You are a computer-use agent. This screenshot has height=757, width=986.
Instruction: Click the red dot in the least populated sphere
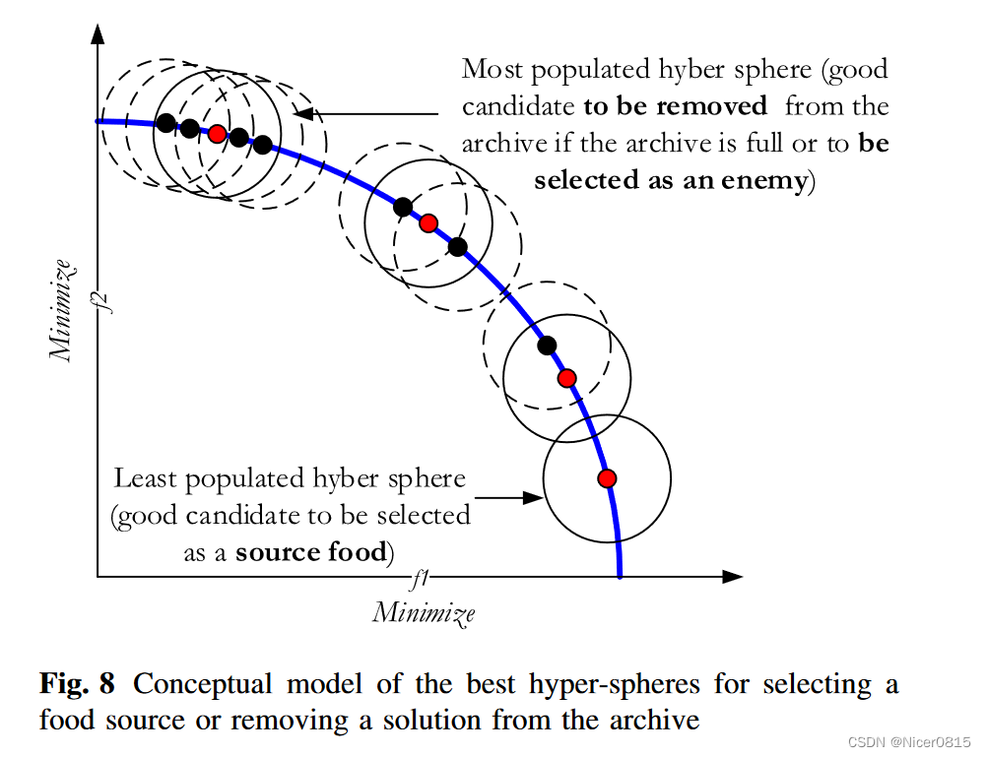coord(607,478)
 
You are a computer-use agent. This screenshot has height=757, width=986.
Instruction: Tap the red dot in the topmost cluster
coord(217,133)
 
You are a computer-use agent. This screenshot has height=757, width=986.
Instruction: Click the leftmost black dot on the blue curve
coord(166,123)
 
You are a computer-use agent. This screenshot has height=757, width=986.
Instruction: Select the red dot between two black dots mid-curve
coord(427,223)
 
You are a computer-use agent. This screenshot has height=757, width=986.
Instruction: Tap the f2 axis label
coord(111,296)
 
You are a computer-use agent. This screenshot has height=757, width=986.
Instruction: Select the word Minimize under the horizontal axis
coord(424,612)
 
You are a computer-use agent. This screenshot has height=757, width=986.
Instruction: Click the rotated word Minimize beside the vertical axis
coord(64,309)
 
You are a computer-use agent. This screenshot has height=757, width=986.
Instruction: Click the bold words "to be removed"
coord(675,106)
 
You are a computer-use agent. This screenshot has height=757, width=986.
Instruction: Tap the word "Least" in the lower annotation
coord(147,479)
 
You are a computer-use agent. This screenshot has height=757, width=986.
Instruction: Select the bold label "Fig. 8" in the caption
coord(81,683)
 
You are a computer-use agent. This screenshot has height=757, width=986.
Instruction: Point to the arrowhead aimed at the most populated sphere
coord(305,113)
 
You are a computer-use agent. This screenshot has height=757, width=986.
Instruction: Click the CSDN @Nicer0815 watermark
coord(910,741)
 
